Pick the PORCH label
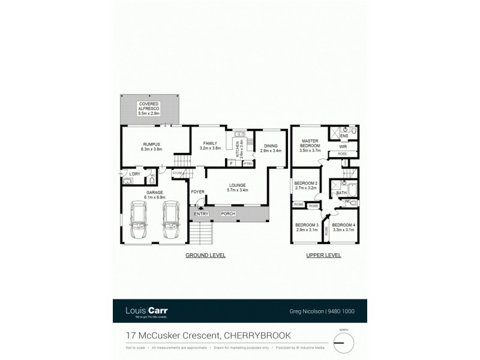coord(229,214)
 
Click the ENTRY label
coord(200,214)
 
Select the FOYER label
coord(197,191)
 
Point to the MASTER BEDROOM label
coord(310,144)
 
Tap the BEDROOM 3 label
coord(305,227)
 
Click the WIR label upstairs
coord(343,146)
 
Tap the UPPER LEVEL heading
coord(324,255)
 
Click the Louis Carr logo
coord(146,311)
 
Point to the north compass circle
coord(344,343)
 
